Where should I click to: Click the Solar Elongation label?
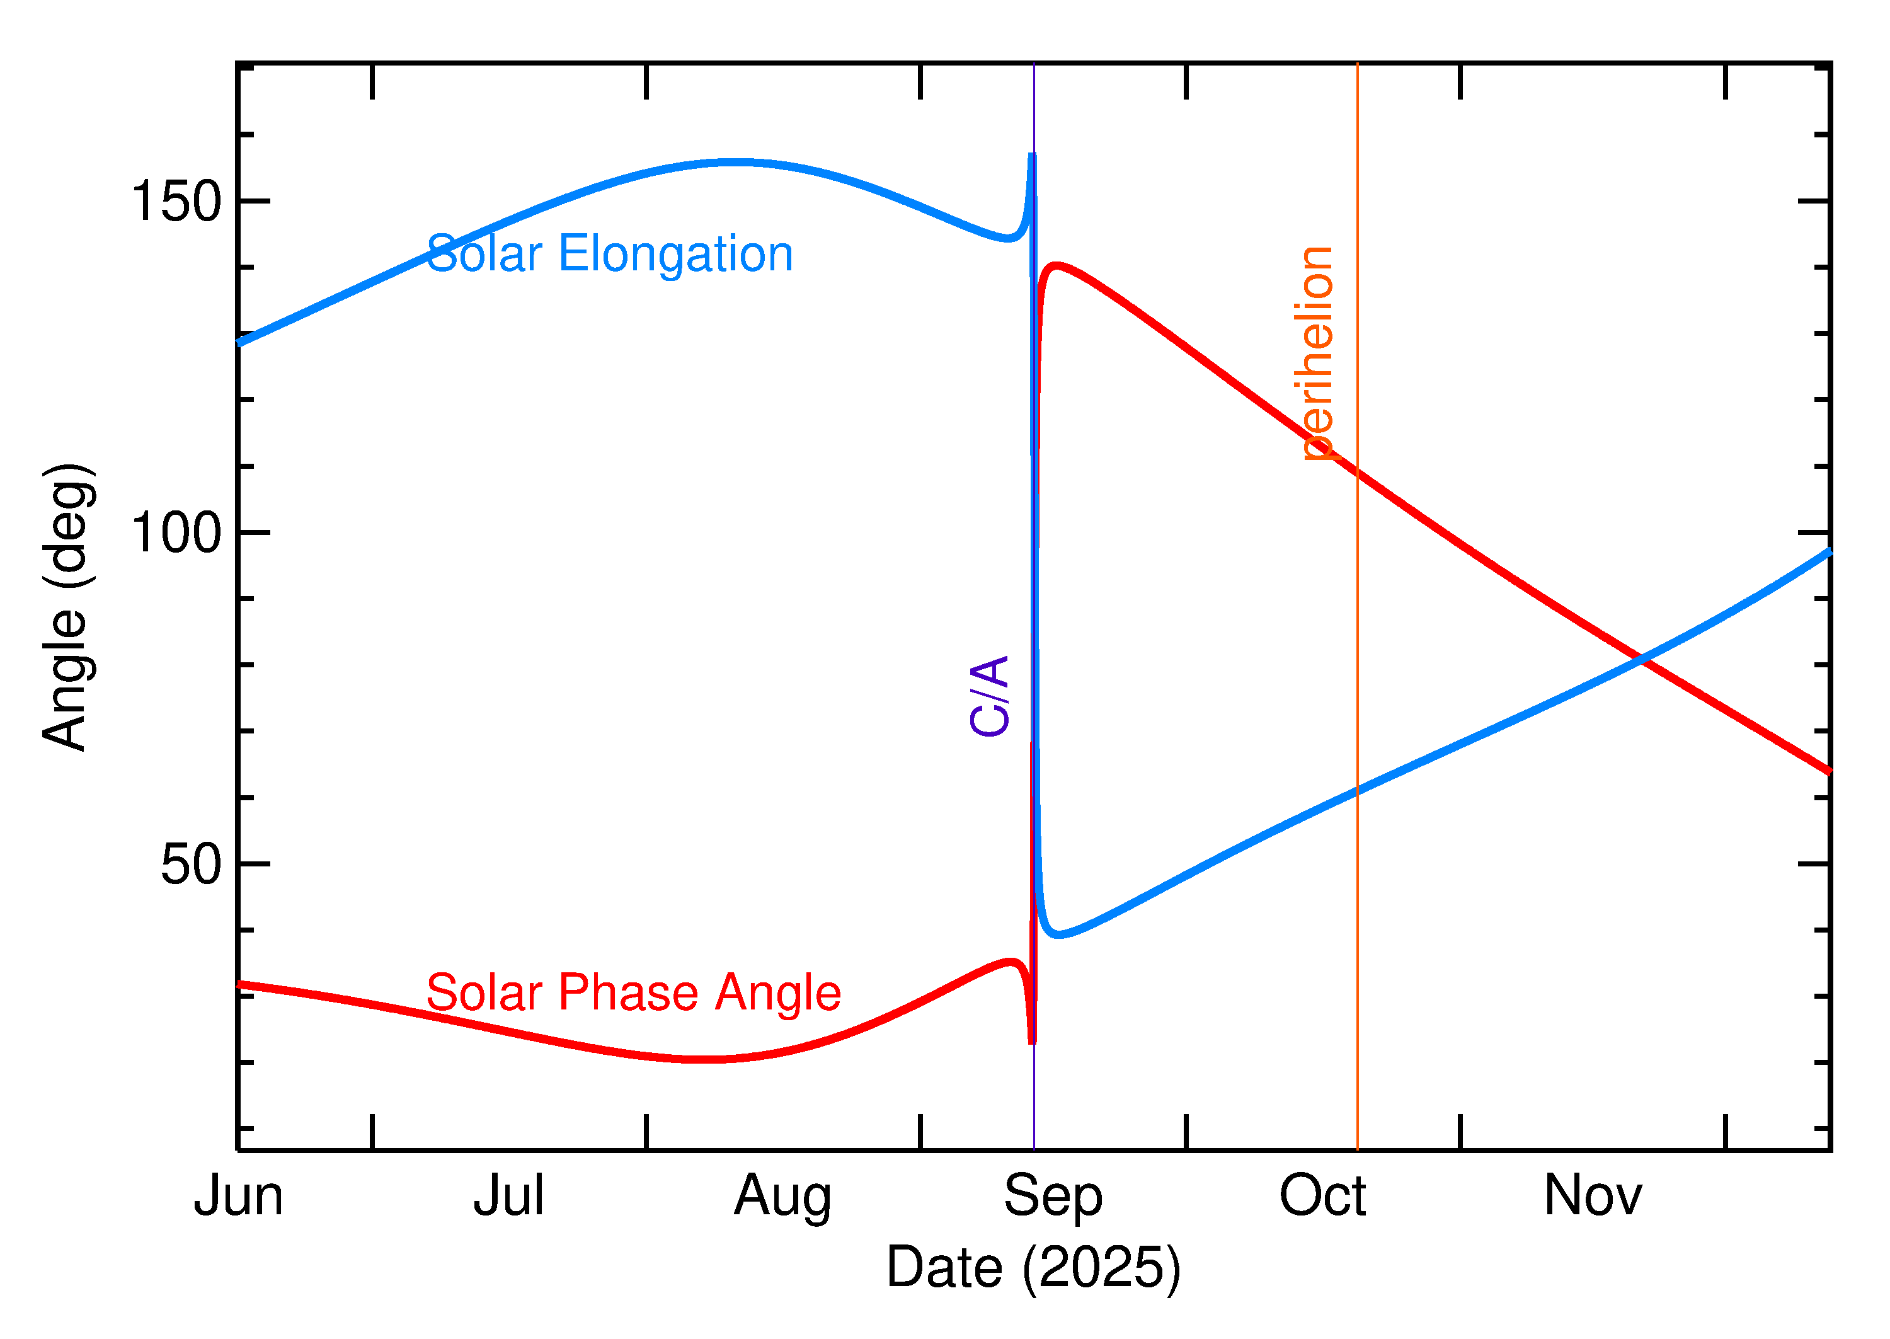pos(609,254)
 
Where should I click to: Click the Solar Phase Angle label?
pos(633,992)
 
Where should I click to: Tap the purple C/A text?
pos(990,695)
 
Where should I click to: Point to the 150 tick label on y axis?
pos(176,200)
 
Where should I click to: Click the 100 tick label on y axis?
pos(176,532)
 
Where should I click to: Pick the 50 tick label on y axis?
pos(192,864)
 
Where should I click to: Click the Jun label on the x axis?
pos(238,1195)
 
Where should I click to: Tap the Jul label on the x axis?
pos(508,1195)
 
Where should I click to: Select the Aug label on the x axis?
pos(782,1195)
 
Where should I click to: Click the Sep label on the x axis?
pos(1053,1195)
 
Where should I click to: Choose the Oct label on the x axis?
pos(1322,1195)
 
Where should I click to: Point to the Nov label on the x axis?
pos(1593,1195)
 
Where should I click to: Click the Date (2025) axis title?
pos(1034,1267)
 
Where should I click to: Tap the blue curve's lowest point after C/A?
pos(1058,935)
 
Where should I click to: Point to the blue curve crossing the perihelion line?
pos(1358,791)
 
